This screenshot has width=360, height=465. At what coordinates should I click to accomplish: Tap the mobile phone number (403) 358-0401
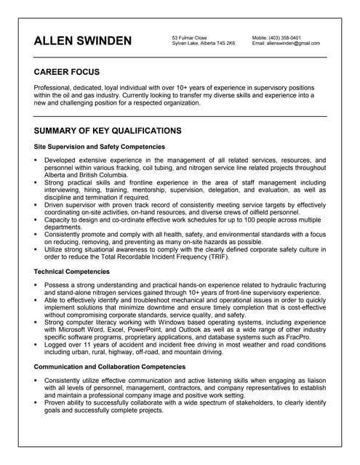[287, 37]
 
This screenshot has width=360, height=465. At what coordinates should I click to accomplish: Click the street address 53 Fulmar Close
[190, 37]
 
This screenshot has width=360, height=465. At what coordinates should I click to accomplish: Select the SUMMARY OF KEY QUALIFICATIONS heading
[108, 131]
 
